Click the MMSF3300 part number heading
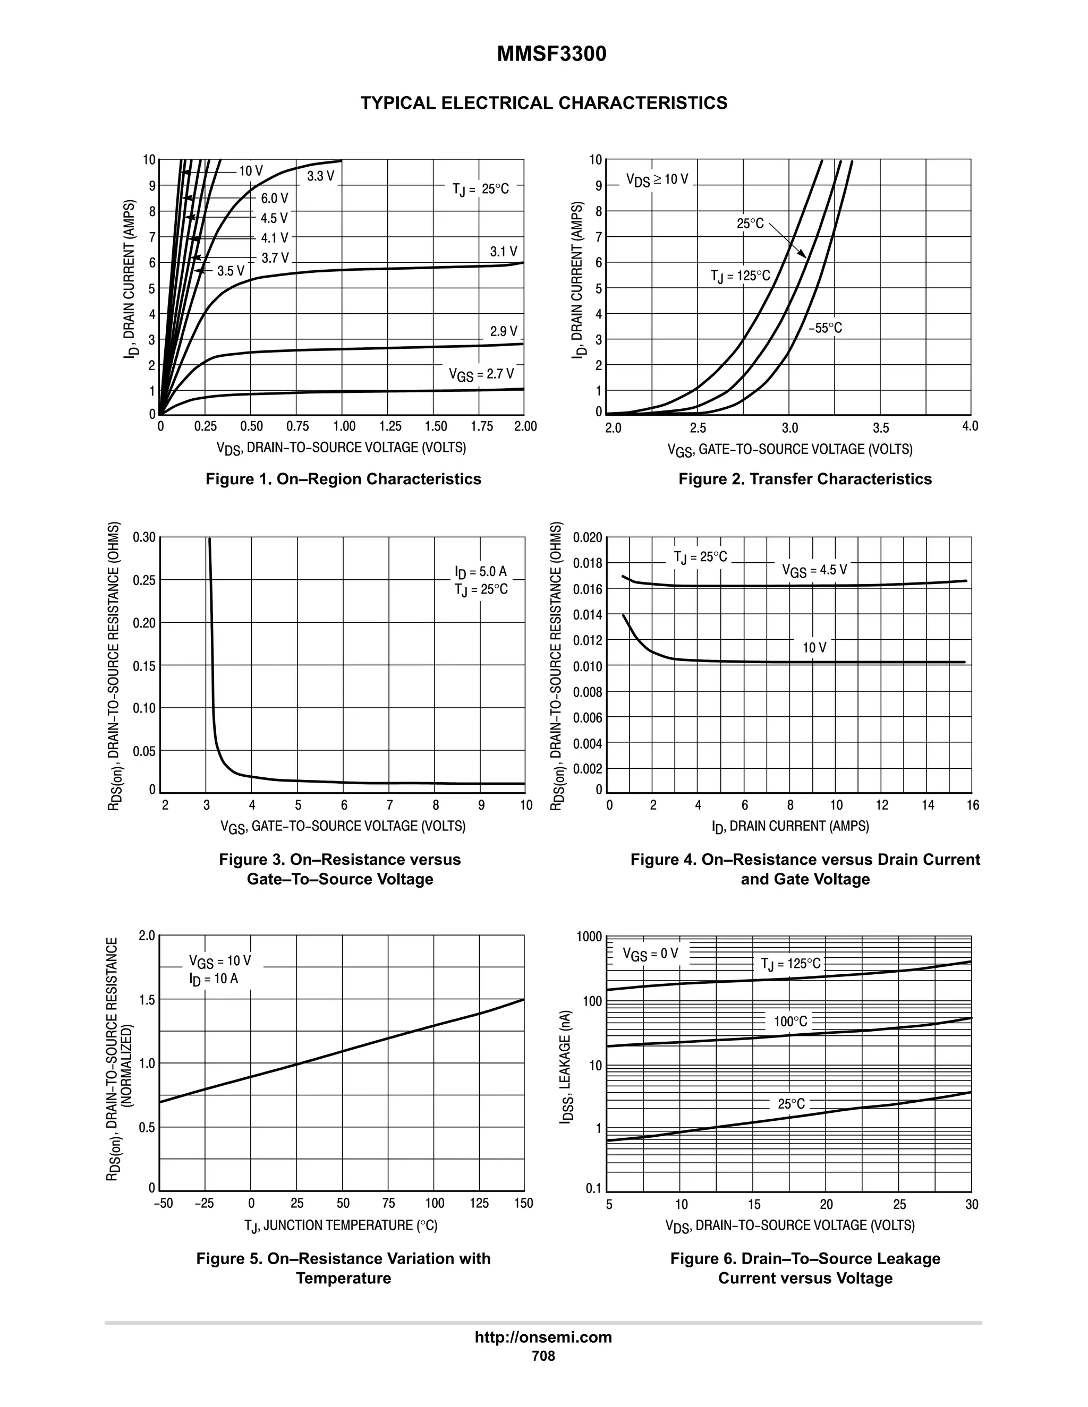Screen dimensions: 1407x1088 pyautogui.click(x=551, y=55)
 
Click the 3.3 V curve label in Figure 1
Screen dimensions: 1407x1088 pyautogui.click(x=320, y=176)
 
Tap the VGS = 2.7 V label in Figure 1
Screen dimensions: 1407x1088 pyautogui.click(x=481, y=374)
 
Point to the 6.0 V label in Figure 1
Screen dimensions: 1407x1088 pyautogui.click(x=275, y=199)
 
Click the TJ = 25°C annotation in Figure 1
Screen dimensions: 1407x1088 pyautogui.click(x=481, y=190)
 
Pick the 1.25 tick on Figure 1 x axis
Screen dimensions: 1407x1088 pyautogui.click(x=390, y=426)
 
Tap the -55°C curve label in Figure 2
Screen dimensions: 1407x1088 pyautogui.click(x=825, y=329)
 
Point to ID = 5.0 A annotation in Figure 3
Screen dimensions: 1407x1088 pyautogui.click(x=481, y=571)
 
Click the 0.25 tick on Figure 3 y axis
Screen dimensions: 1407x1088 pyautogui.click(x=144, y=580)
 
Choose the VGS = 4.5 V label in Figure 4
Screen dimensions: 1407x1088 pyautogui.click(x=814, y=570)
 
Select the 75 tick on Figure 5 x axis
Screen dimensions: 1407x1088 pyautogui.click(x=389, y=1204)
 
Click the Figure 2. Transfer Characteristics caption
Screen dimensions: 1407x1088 pyautogui.click(x=804, y=479)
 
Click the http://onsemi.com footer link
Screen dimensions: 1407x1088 pyautogui.click(x=543, y=1337)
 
